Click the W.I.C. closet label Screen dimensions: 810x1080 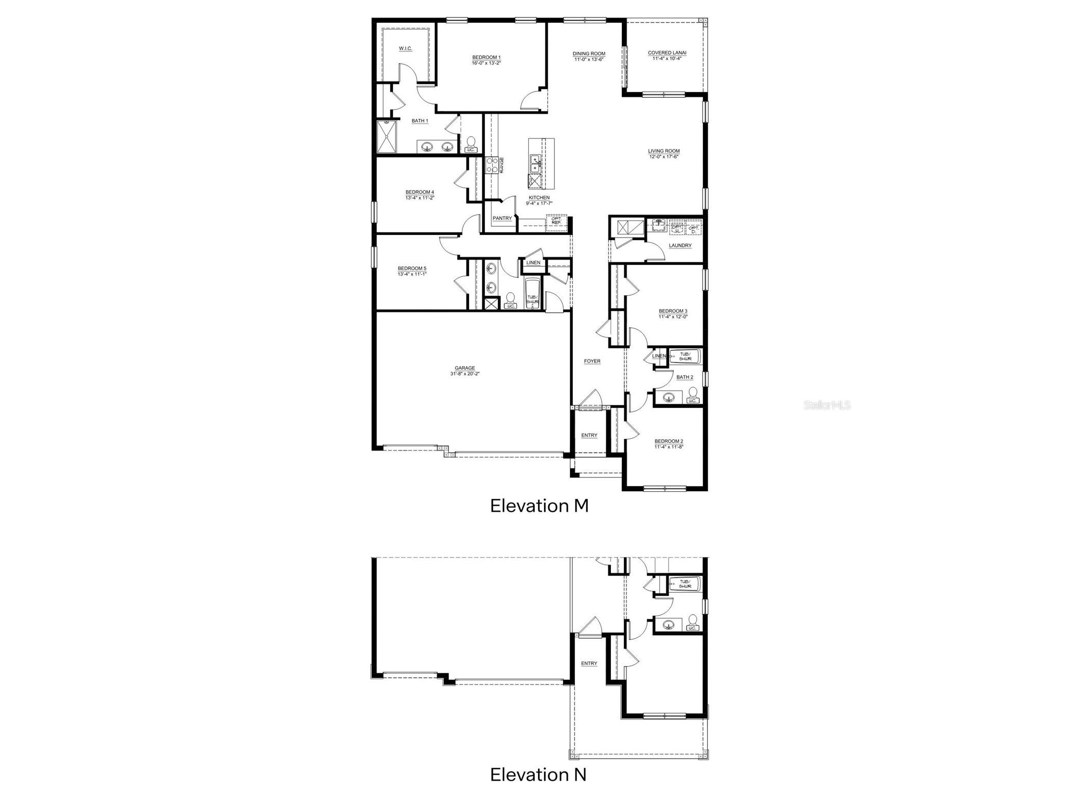pos(405,49)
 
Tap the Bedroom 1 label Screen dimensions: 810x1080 pos(486,58)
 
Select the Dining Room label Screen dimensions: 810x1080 pos(589,53)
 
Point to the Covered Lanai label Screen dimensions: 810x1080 pos(667,53)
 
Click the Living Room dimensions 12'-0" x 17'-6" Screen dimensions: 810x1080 pos(663,157)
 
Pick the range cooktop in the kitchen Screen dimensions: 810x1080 pos(492,165)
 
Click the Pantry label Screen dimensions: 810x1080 pos(502,219)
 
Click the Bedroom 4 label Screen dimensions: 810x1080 pos(420,192)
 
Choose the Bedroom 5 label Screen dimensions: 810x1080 pos(412,268)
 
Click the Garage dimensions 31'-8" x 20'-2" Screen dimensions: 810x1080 pos(464,374)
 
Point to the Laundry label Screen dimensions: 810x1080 pos(680,246)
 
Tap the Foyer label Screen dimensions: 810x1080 pos(592,362)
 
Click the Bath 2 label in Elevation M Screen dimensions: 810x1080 pos(685,377)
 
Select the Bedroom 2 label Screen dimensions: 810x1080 pos(669,441)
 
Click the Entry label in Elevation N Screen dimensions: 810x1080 pos(589,663)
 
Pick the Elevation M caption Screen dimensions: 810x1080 pos(539,506)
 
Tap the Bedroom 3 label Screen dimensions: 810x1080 pos(673,311)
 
